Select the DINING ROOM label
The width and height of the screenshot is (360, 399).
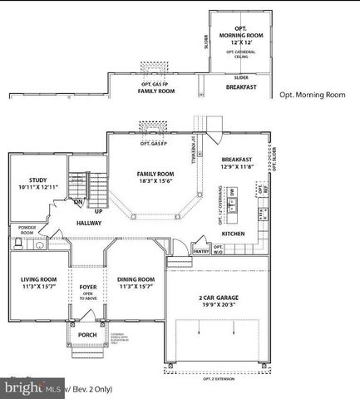pyautogui.click(x=136, y=279)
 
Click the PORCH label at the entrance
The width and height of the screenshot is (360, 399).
pyautogui.click(x=87, y=336)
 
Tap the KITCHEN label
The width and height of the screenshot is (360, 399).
pyautogui.click(x=233, y=234)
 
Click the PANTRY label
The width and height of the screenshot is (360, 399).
pyautogui.click(x=200, y=250)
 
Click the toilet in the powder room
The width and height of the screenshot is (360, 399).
pyautogui.click(x=18, y=244)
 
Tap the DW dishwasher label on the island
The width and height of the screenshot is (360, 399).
pyautogui.click(x=234, y=192)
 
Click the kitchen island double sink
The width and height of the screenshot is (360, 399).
pyautogui.click(x=233, y=208)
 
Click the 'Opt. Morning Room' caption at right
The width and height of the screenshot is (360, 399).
pyautogui.click(x=312, y=95)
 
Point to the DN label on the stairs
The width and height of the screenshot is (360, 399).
pyautogui.click(x=77, y=201)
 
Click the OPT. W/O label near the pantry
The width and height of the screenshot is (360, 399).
pyautogui.click(x=219, y=248)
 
